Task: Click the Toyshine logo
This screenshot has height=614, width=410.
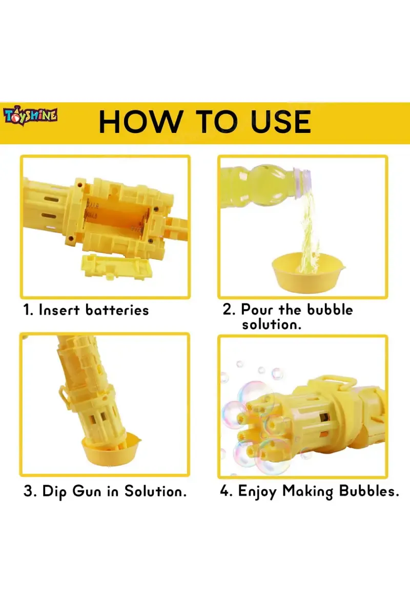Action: [x=31, y=116]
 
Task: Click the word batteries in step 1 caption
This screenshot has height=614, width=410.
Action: [x=117, y=310]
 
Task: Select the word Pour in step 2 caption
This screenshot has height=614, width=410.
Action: [x=258, y=310]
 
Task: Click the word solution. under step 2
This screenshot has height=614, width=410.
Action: [x=272, y=324]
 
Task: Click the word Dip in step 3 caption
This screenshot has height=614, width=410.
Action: [x=55, y=492]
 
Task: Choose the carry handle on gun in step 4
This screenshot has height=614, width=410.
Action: [x=339, y=383]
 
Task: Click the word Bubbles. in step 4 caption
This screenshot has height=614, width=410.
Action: [x=369, y=492]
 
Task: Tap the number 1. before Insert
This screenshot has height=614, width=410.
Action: [x=28, y=310]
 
